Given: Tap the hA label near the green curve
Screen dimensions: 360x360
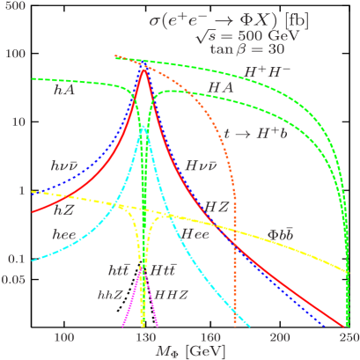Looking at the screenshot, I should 64,90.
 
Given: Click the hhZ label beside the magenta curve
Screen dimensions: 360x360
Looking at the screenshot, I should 110,293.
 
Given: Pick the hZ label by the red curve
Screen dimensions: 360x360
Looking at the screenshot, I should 63,210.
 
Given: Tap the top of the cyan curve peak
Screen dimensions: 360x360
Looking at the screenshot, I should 144,129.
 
